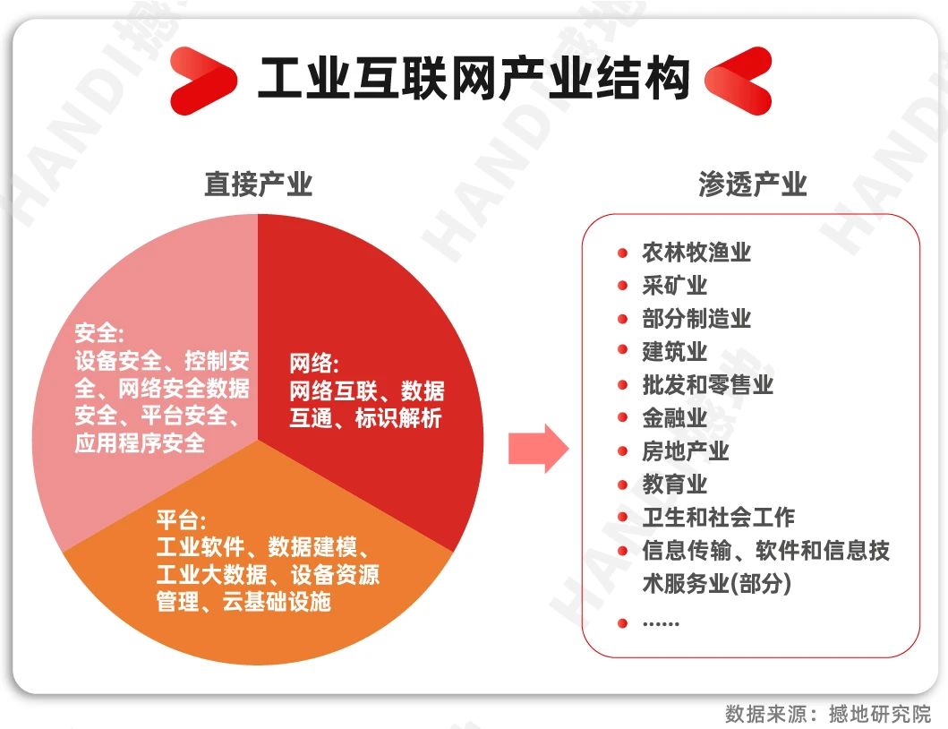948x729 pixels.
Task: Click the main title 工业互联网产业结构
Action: [x=474, y=79]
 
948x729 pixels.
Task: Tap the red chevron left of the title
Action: [x=203, y=81]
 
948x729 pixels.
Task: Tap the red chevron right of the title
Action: [x=739, y=81]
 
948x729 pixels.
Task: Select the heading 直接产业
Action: [x=258, y=184]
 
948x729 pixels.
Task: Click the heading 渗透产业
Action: [x=753, y=184]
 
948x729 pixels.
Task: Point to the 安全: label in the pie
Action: [x=99, y=333]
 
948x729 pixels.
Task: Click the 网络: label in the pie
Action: [x=314, y=363]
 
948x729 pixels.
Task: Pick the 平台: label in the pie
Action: [x=181, y=519]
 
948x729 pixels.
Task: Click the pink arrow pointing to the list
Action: [x=538, y=449]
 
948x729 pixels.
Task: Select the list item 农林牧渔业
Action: [x=696, y=253]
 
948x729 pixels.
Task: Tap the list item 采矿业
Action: [x=675, y=286]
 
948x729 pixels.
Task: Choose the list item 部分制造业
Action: [x=696, y=319]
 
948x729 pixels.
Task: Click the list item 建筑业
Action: [x=675, y=351]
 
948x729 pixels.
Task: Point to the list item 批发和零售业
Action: [x=708, y=385]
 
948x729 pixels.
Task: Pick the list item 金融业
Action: [x=675, y=417]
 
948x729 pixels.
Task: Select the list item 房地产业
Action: [x=686, y=450]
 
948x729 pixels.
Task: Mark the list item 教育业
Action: [x=675, y=484]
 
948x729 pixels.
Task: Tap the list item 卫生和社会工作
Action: [x=719, y=518]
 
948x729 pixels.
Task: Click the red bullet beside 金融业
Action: [x=623, y=417]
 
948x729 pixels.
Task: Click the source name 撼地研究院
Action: [x=880, y=715]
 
